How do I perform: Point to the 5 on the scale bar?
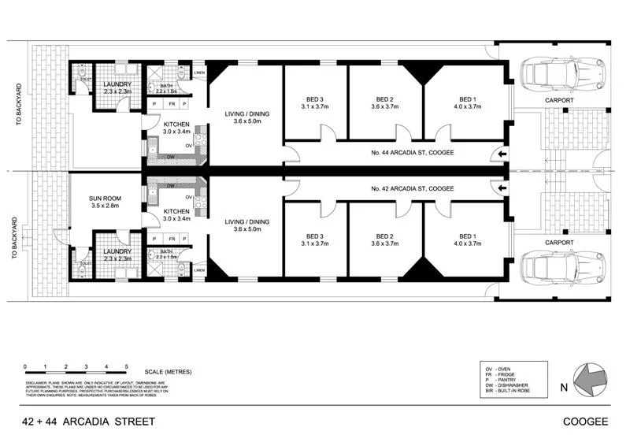[x=127, y=367]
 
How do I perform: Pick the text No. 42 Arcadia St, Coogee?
[x=410, y=189]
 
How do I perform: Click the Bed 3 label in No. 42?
[x=314, y=236]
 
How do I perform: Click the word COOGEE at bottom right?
[x=585, y=422]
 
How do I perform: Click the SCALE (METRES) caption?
[x=169, y=371]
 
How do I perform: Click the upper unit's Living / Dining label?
[x=246, y=114]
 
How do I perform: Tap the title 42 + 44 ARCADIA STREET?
[x=87, y=422]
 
